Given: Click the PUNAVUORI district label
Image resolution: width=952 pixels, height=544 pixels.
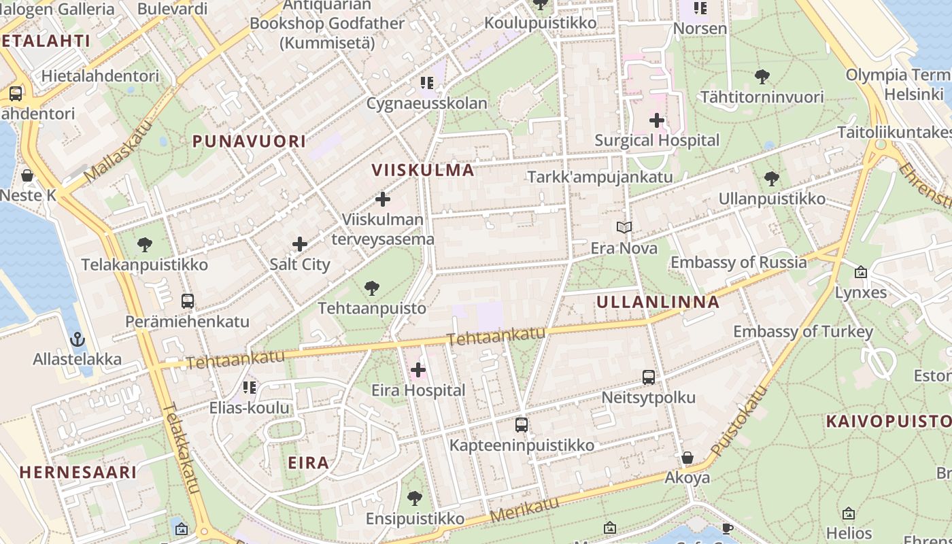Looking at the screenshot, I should (x=249, y=141).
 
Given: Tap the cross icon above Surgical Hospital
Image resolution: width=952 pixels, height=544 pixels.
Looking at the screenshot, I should (x=656, y=120).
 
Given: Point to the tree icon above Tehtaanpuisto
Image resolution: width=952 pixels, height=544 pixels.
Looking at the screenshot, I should (x=372, y=288).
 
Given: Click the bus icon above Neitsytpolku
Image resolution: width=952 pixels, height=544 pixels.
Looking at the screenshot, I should (x=649, y=377).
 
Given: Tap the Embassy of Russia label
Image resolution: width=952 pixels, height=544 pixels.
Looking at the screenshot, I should (x=738, y=262).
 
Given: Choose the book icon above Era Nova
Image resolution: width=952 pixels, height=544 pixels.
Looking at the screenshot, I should (x=624, y=228).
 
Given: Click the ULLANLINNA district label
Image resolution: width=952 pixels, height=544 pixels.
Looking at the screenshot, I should (x=658, y=302).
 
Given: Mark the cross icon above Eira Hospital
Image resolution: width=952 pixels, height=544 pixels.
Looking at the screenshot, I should (x=418, y=370).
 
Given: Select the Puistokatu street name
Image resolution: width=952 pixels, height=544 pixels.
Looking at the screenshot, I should (x=738, y=422).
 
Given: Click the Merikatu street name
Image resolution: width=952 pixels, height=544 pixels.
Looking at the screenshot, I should (x=524, y=509).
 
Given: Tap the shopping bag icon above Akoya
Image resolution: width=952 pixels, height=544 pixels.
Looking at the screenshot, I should (x=687, y=458).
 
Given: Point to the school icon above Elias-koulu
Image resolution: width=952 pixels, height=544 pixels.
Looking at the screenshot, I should (x=249, y=388).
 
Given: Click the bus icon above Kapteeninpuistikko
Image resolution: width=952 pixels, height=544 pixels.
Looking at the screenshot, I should (x=522, y=425).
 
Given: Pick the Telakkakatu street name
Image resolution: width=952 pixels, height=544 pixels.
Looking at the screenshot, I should (x=181, y=449).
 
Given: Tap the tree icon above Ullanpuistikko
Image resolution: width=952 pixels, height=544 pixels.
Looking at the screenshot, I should (x=771, y=179).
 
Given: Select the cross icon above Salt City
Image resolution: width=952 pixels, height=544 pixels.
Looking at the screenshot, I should (x=300, y=244).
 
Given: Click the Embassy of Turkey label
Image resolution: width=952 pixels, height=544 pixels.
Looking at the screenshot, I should (x=802, y=332).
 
